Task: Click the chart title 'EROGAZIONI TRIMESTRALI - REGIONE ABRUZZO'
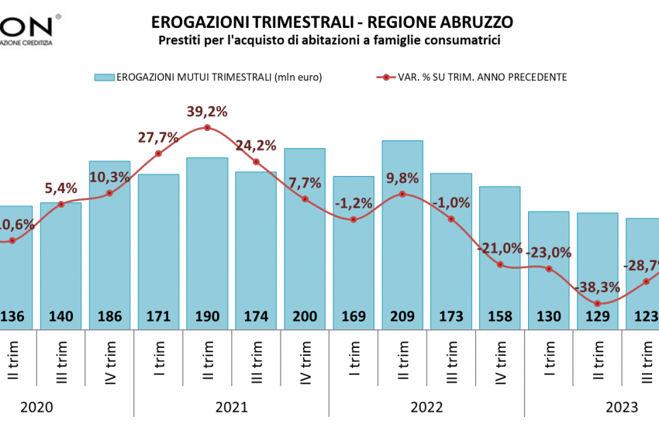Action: pos(332,21)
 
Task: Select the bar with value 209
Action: pos(402,232)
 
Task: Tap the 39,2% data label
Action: pos(207,112)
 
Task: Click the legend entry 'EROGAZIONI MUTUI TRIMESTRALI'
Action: pos(208,77)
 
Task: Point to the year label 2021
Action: pos(231,406)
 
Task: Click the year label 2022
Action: pos(426,406)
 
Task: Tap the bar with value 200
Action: pos(305,232)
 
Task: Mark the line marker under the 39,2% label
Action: pos(207,127)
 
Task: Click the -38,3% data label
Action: pos(597,288)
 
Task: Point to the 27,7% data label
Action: pos(158,138)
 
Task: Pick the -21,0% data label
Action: pos(500,248)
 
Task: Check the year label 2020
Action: pos(36,406)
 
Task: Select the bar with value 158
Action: pos(500,256)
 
